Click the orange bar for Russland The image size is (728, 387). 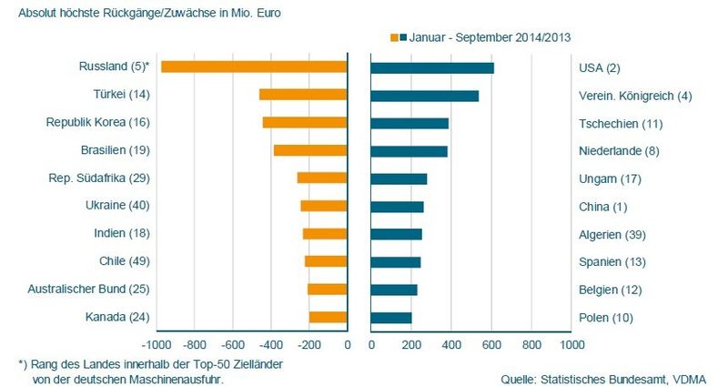coord(254,66)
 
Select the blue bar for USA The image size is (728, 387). coord(432,67)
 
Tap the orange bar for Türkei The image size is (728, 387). coord(303,95)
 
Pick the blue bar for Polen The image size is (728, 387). coord(391,318)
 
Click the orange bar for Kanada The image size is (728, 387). coord(329,318)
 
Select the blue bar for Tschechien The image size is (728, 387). coord(409,123)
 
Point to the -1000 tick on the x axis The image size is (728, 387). coord(156,346)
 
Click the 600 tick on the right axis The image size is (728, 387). coord(491,346)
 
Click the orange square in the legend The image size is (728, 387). coord(394,37)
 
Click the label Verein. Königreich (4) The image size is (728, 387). coord(635,96)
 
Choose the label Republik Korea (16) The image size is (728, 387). coord(97,122)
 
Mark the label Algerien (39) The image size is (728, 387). coord(612,235)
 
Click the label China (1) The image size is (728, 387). coord(602,207)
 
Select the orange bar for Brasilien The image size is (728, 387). coord(310,150)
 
